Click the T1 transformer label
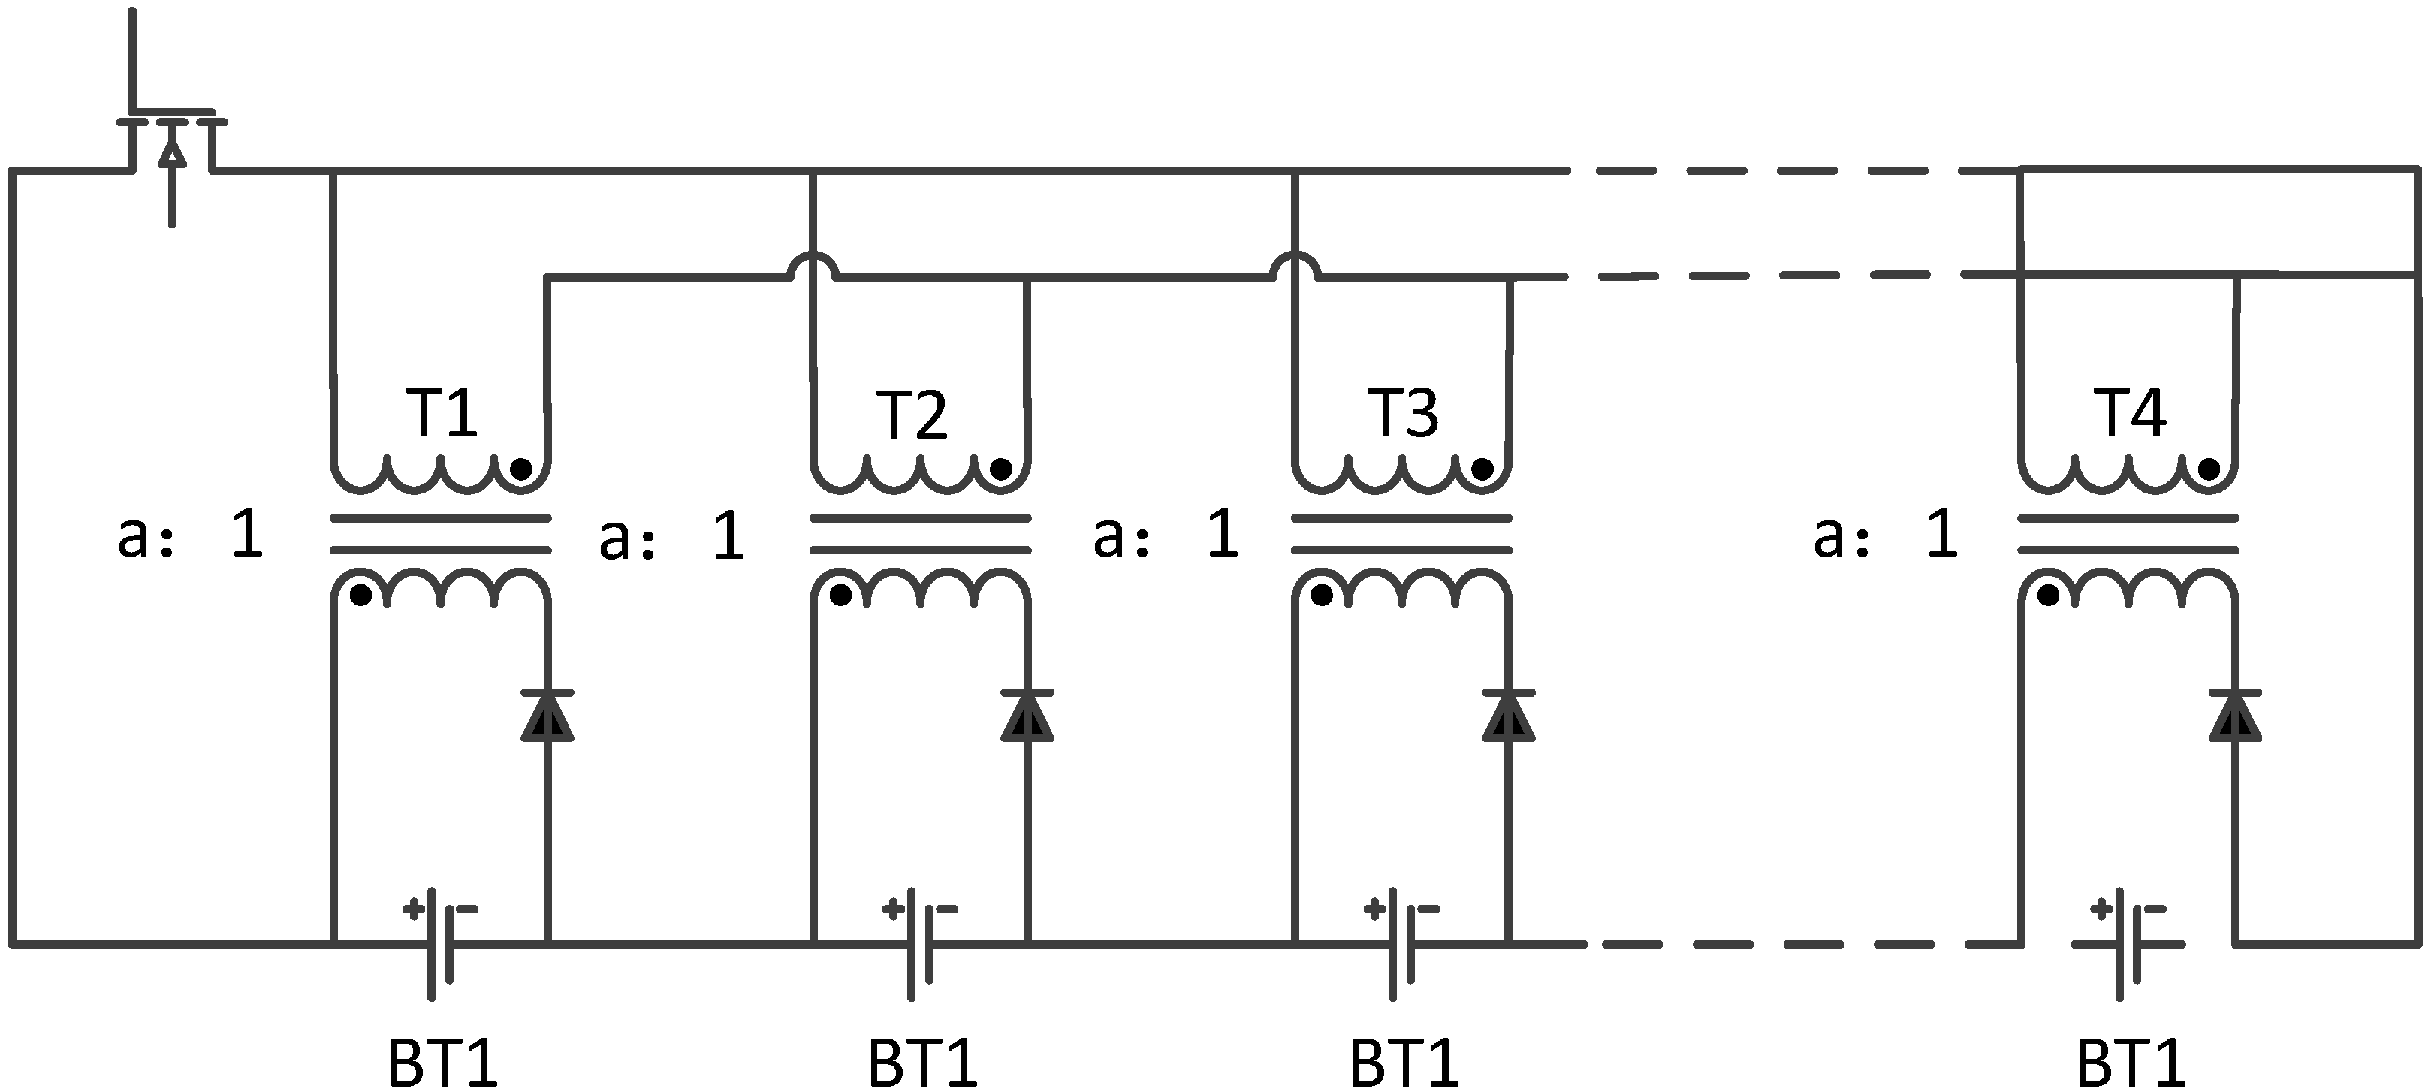[442, 413]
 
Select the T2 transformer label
[912, 415]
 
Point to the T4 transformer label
[2131, 412]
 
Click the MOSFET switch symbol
[170, 142]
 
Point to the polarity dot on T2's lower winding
[840, 596]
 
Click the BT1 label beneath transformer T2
[922, 1063]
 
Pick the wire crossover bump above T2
[812, 265]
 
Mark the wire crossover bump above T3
[1295, 265]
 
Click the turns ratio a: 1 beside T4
[1886, 534]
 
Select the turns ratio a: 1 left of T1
[191, 534]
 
